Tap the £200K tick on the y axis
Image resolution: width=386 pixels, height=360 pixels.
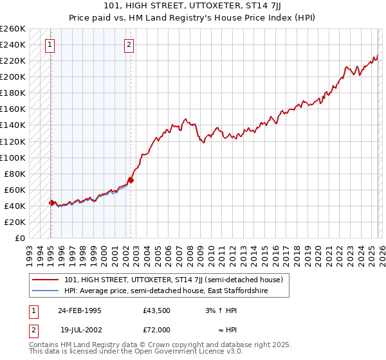coord(13,76)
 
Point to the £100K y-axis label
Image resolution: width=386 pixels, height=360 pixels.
coord(13,157)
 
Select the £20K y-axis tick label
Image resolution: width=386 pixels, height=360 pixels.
coord(15,222)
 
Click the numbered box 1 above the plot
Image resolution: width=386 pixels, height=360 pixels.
coord(50,45)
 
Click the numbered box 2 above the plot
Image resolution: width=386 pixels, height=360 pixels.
coord(129,45)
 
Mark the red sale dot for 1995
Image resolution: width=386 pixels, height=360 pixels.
coord(51,203)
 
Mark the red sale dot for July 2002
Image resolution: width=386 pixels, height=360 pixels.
coord(131,180)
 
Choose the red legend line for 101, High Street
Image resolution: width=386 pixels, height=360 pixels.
coord(46,280)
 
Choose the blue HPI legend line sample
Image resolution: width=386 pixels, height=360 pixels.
coord(46,291)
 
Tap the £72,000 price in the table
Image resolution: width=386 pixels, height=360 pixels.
coord(156,329)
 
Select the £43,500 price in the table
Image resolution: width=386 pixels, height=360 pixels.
coord(156,310)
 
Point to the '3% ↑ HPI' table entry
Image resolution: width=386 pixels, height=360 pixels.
coord(218,310)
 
